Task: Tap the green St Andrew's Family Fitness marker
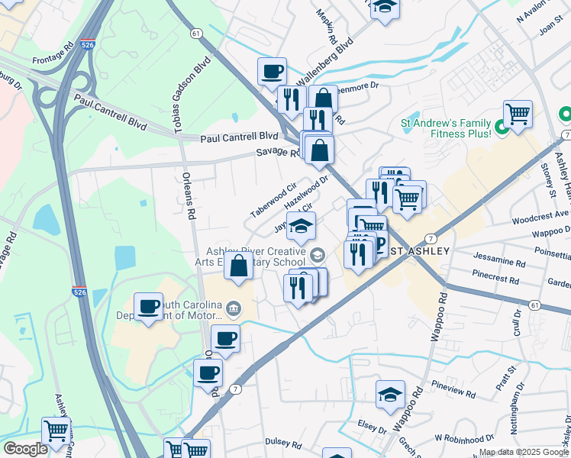pos(502,127)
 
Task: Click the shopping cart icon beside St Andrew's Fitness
pos(518,114)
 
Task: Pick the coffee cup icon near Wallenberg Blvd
pos(272,72)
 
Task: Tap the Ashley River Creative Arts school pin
pos(318,255)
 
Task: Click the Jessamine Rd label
pos(499,262)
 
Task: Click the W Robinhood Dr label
pos(459,438)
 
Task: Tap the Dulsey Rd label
pos(284,441)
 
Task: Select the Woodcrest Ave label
pos(540,216)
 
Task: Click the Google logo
pos(25,449)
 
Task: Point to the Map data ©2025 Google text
pos(524,452)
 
